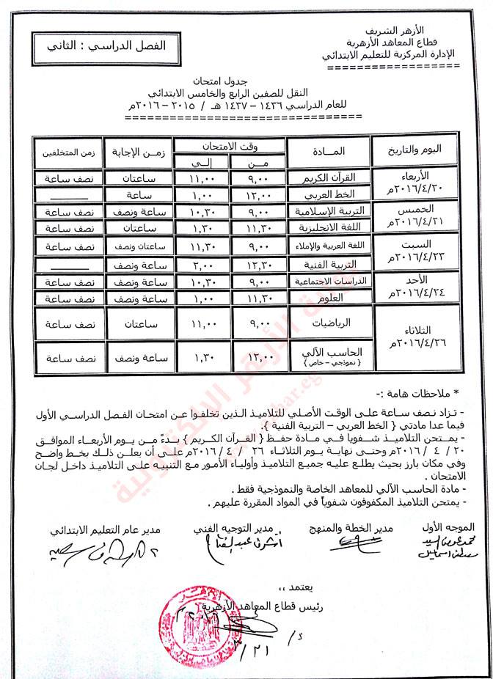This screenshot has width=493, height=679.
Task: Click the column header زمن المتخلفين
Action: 66,152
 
